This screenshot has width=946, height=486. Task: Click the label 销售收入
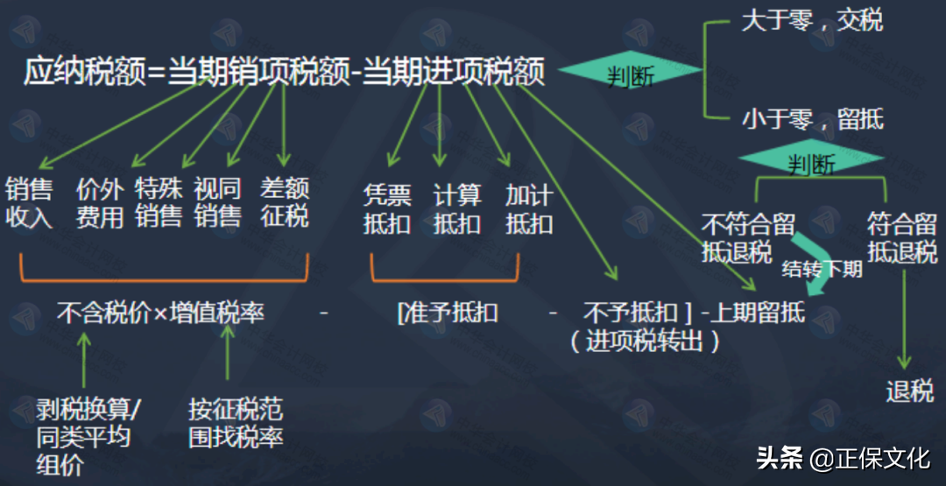pyautogui.click(x=29, y=203)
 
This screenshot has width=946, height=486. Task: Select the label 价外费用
pyautogui.click(x=99, y=203)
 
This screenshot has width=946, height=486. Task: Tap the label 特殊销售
pyautogui.click(x=159, y=203)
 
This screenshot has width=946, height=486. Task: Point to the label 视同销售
pyautogui.click(x=217, y=203)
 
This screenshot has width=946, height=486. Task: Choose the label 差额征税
pyautogui.click(x=285, y=203)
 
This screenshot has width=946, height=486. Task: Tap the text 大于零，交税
pyautogui.click(x=812, y=21)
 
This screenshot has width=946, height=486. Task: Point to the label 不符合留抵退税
pyautogui.click(x=737, y=237)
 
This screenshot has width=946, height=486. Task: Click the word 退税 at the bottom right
pyautogui.click(x=909, y=391)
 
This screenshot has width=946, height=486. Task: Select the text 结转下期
pyautogui.click(x=822, y=269)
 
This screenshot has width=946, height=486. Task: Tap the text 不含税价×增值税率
pyautogui.click(x=160, y=313)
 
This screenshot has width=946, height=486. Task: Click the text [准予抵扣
pyautogui.click(x=448, y=313)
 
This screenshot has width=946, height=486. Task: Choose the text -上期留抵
pyautogui.click(x=753, y=313)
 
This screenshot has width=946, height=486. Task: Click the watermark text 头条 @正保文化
pyautogui.click(x=842, y=458)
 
